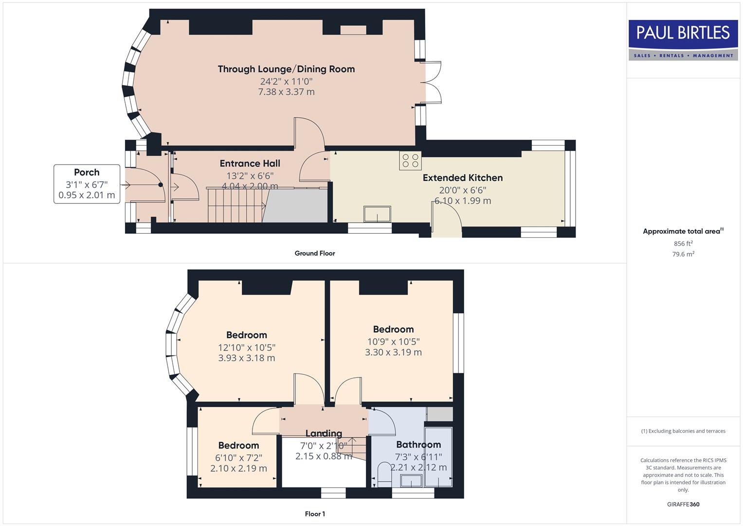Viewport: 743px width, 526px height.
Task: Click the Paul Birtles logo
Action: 683,40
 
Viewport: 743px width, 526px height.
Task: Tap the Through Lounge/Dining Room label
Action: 286,69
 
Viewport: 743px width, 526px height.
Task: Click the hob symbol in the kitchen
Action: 410,161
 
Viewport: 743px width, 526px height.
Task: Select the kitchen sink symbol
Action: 377,214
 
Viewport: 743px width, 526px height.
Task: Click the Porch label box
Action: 87,184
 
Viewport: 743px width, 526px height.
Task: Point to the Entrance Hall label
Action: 250,164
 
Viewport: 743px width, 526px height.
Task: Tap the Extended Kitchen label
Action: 462,178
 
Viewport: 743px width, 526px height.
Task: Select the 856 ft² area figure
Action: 683,244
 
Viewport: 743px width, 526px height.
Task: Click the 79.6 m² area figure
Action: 683,254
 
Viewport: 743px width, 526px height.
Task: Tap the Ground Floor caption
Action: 315,253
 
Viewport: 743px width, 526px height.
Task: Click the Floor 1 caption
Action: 315,514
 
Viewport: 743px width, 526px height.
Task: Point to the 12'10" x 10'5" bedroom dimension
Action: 247,347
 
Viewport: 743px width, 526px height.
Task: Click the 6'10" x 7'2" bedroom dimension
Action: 238,458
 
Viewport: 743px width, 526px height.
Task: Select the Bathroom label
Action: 418,445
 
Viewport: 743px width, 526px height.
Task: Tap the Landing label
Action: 324,433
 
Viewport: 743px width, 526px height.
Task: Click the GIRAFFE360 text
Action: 683,505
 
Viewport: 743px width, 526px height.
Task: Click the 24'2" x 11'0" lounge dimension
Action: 286,81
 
